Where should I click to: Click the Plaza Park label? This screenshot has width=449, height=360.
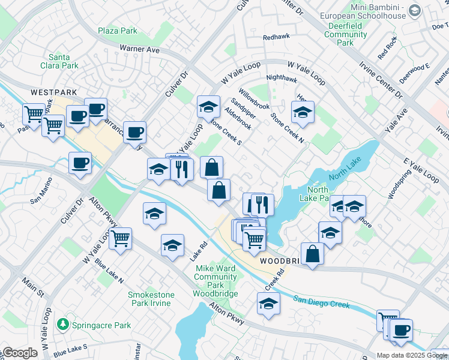118,31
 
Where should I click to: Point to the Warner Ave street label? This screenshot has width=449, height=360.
139,49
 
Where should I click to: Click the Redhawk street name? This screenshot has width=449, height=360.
276,37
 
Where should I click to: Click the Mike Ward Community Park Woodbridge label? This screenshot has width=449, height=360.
215,281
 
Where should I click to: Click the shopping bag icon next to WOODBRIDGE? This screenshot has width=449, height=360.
312,253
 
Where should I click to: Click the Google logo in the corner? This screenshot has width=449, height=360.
20,353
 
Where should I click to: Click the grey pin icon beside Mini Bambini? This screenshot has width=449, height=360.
414,10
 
